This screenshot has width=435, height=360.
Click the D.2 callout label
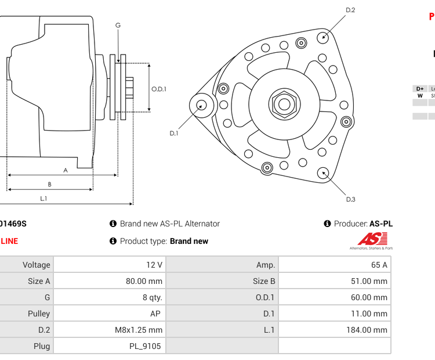350,10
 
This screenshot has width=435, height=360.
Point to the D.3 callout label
350,200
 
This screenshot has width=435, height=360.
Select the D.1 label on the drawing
173,133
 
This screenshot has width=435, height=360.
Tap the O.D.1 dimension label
159,89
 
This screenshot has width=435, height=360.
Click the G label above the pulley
118,25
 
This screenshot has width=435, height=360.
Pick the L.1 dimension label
43,199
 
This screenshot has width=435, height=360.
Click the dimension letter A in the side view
66,170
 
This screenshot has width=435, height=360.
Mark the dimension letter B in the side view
49,185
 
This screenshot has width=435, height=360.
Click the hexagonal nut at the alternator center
284,105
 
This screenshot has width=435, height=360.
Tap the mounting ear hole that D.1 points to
201,105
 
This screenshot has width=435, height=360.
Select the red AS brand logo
371,239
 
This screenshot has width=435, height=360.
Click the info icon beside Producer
327,224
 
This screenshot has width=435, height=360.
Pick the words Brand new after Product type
189,241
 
